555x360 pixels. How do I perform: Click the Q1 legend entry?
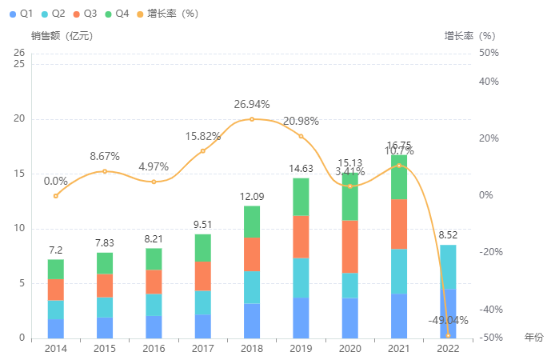[x=21, y=14]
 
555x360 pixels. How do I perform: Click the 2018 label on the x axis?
[x=252, y=349]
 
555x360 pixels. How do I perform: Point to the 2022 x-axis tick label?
[x=448, y=349]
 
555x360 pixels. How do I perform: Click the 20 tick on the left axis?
[x=20, y=119]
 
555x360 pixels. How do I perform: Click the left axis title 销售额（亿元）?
[x=62, y=36]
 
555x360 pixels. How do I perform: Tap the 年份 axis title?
[x=533, y=338]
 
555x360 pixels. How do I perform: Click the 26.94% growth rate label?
[x=252, y=104]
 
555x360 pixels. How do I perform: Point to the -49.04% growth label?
[x=448, y=320]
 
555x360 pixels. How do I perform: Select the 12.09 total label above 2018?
[x=252, y=196]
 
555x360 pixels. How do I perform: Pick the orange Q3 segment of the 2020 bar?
[x=350, y=246]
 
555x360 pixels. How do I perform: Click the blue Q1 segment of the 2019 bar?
[x=301, y=318]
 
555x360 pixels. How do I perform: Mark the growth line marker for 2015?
[x=105, y=171]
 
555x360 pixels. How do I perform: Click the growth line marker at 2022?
[x=448, y=335]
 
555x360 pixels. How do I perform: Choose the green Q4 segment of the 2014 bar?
[x=56, y=270]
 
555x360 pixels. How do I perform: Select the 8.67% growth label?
[x=105, y=156]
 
